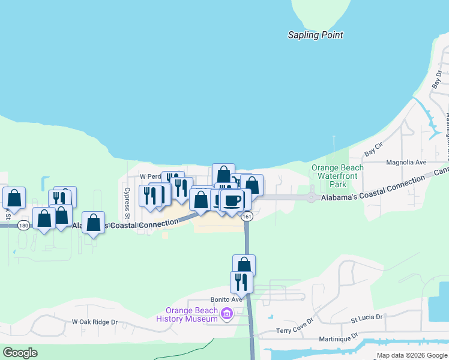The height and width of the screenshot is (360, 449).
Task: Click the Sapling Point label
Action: click(x=315, y=35)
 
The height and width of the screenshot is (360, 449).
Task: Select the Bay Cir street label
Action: click(x=374, y=146)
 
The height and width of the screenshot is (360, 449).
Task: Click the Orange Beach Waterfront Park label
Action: click(x=337, y=176)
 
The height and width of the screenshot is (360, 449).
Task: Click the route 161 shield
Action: click(x=247, y=217)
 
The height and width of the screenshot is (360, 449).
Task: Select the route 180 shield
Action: click(x=23, y=225)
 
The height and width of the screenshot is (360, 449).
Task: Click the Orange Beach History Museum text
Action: click(x=187, y=314)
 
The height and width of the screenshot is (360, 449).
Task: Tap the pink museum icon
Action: click(x=226, y=314)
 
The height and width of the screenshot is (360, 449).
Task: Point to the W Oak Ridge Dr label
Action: click(x=95, y=322)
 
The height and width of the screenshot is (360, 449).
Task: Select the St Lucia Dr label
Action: click(x=366, y=316)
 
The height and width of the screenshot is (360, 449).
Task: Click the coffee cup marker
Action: click(x=232, y=200)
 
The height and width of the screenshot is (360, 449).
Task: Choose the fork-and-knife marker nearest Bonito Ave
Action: click(x=241, y=281)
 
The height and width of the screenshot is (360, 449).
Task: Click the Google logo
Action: click(x=20, y=353)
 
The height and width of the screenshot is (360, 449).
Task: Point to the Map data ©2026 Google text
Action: click(x=412, y=355)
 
